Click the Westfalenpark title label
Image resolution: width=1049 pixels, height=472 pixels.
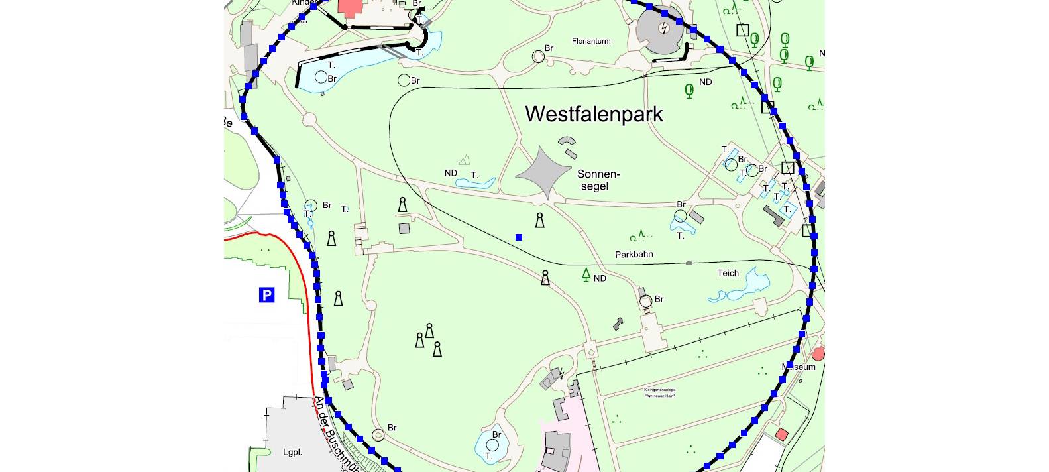pos(594,114)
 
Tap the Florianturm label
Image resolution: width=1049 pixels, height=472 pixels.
pos(591,41)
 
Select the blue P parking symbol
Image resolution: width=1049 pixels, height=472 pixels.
pos(266,295)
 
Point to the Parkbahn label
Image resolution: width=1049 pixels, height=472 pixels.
pos(634,254)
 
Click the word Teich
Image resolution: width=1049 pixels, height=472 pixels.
pos(728,273)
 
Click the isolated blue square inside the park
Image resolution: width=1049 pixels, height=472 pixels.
pos(519,237)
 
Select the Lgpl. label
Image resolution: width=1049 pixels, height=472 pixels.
pos(292,452)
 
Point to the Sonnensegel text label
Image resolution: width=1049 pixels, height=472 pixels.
pos(598,180)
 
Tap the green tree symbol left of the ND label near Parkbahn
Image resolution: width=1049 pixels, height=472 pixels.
pos(586,274)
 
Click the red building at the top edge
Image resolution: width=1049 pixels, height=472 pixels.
pos(350,7)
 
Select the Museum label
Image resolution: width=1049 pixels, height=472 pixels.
pos(799,367)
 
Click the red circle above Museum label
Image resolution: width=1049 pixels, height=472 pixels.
pos(818,354)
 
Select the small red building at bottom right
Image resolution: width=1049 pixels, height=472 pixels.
pos(782,434)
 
